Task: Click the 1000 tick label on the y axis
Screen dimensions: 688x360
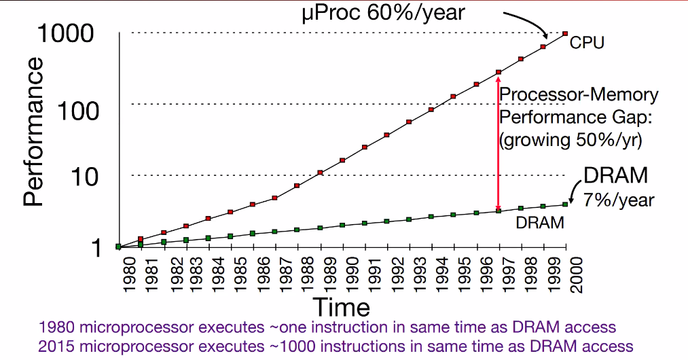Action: tap(66, 33)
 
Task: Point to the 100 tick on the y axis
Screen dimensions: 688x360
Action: tap(78, 111)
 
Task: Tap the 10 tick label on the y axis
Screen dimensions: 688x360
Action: tap(84, 177)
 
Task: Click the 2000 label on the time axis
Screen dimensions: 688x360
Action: tap(576, 275)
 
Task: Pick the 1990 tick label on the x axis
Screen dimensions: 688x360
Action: tap(352, 275)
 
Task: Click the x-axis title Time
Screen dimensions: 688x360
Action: tap(342, 307)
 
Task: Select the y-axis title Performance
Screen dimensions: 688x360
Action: tap(33, 132)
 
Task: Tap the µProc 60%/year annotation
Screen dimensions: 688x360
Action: tap(383, 12)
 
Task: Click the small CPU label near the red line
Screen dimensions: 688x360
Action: tap(587, 43)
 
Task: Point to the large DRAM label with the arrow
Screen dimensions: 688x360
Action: tap(615, 175)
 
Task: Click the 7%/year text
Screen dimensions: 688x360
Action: tap(619, 200)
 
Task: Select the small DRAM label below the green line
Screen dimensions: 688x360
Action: tap(540, 223)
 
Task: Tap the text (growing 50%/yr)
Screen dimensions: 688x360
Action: tap(571, 140)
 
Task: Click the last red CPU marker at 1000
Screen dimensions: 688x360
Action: tap(565, 33)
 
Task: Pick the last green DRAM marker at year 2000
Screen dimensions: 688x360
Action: tap(565, 204)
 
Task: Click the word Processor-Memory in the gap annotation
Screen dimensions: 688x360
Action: tap(579, 95)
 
